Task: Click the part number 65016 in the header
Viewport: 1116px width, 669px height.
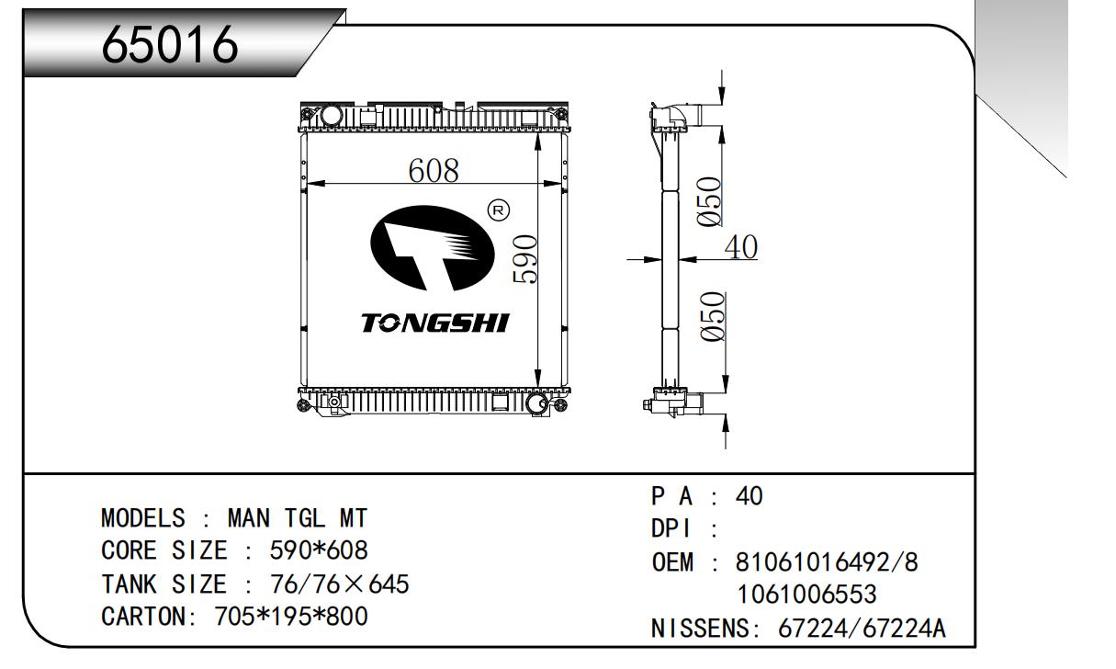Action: (x=170, y=44)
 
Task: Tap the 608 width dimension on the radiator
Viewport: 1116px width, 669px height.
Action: (x=434, y=171)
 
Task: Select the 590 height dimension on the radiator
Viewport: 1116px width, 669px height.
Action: (x=525, y=259)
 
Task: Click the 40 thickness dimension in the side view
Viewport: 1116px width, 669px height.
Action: (x=741, y=247)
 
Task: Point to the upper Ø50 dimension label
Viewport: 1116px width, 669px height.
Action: (x=709, y=202)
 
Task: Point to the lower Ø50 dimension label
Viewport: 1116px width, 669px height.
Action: (x=712, y=317)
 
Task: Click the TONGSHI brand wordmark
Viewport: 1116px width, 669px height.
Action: (x=435, y=323)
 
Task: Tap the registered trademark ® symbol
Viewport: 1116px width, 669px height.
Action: (x=498, y=210)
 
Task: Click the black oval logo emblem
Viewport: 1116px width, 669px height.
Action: (x=433, y=248)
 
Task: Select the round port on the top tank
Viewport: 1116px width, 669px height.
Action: (x=331, y=116)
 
